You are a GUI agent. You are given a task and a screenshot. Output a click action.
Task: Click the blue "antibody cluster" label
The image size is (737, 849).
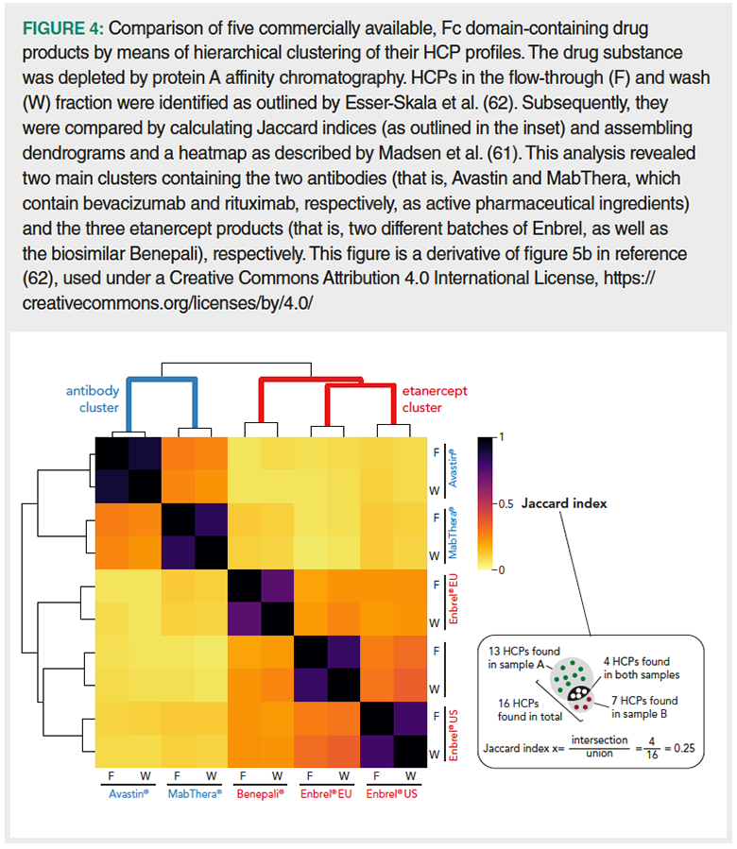point(92,399)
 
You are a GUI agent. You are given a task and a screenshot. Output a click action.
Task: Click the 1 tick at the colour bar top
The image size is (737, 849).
point(501,437)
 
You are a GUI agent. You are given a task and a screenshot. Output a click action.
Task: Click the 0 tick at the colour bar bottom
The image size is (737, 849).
point(501,569)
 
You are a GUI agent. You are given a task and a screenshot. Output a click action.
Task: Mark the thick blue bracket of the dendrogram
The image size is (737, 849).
point(163,381)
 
